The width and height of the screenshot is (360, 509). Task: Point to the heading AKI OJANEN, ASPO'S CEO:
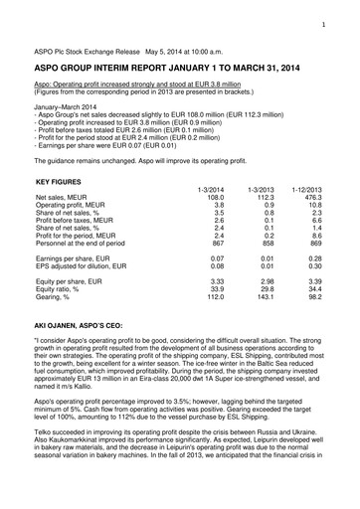click(x=81, y=324)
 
